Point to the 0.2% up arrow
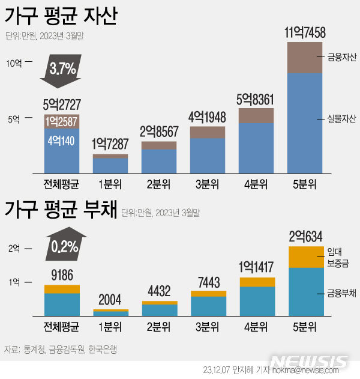62,244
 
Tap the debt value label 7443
208,282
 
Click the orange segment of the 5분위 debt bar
305,256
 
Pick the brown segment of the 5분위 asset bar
305,58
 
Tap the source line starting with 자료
60,349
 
